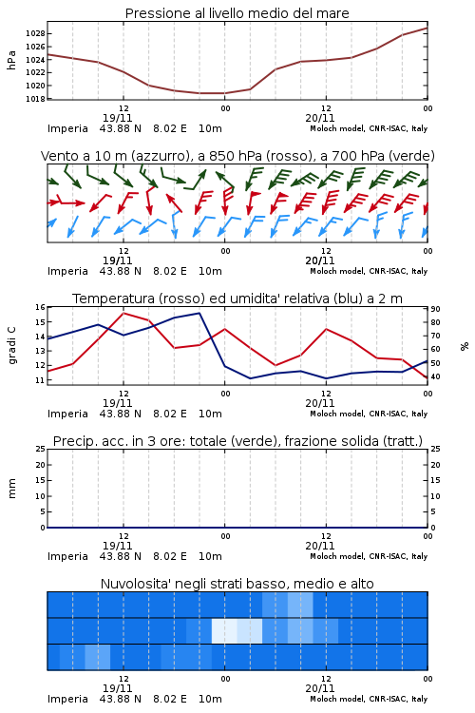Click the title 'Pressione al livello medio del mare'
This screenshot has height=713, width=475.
pyautogui.click(x=237, y=13)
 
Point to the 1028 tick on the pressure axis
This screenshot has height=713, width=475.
pyautogui.click(x=35, y=33)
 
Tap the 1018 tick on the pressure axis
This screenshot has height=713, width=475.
pyautogui.click(x=35, y=99)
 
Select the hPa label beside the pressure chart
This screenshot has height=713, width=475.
pyautogui.click(x=11, y=60)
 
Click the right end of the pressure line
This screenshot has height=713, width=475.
pyautogui.click(x=427, y=28)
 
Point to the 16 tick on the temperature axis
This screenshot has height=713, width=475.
pyautogui.click(x=41, y=307)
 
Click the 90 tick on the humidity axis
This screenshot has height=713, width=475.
pyautogui.click(x=435, y=309)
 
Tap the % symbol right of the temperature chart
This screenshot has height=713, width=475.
pyautogui.click(x=465, y=346)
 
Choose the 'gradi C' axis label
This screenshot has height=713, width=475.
pyautogui.click(x=11, y=345)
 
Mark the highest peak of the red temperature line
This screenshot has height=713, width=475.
pyautogui.click(x=123, y=313)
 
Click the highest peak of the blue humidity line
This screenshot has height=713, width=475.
pyautogui.click(x=199, y=313)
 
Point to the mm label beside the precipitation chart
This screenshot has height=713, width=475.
pyautogui.click(x=11, y=489)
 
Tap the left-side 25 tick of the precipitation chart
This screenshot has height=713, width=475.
pyautogui.click(x=41, y=450)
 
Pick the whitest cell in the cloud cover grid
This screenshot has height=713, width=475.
pyautogui.click(x=224, y=630)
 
